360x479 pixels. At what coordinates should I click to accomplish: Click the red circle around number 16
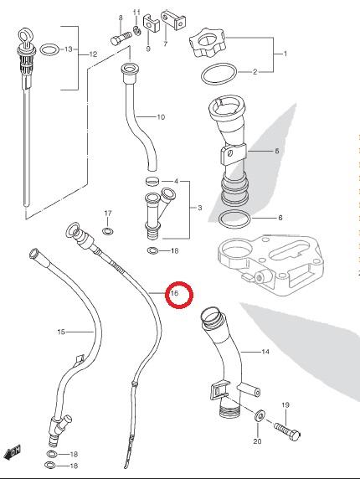tap(179, 283)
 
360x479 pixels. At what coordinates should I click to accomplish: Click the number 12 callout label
tap(93, 54)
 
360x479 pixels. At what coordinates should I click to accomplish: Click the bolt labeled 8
tap(121, 39)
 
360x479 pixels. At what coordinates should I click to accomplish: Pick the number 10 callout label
tap(161, 117)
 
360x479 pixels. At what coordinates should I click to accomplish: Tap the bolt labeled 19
tap(287, 430)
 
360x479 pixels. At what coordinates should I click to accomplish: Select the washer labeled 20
tap(260, 415)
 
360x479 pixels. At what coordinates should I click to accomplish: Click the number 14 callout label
tap(265, 352)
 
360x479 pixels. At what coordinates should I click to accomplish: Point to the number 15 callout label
tap(61, 332)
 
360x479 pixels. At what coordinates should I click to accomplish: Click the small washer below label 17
tap(107, 231)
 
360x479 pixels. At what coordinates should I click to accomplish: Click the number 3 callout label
tap(200, 208)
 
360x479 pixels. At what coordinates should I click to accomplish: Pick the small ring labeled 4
tap(152, 181)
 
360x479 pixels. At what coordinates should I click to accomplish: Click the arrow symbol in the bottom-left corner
tap(13, 451)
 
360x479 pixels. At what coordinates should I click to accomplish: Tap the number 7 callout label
tap(165, 44)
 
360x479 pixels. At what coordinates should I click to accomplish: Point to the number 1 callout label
tap(285, 54)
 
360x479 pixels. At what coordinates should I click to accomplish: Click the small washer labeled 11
tap(136, 30)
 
